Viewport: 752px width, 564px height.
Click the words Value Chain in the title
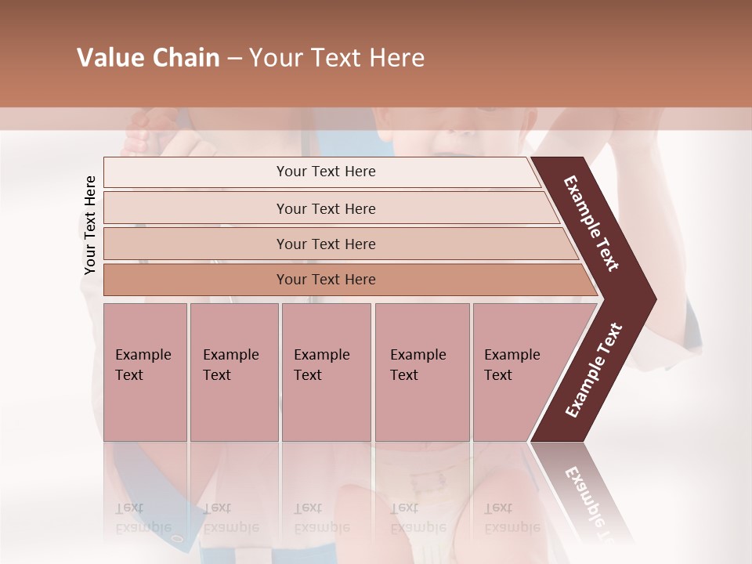click(148, 58)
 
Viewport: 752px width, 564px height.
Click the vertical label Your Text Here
click(90, 225)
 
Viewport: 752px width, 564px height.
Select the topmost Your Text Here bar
click(326, 172)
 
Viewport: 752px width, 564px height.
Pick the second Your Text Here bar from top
click(326, 208)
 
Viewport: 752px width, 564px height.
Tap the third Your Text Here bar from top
click(326, 244)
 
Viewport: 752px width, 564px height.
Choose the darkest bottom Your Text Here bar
click(326, 280)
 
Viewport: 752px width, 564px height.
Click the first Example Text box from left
click(145, 372)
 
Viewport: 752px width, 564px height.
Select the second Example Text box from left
click(233, 372)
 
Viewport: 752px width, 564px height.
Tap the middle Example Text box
click(326, 372)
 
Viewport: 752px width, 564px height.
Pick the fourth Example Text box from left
click(421, 372)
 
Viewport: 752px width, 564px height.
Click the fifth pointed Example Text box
click(517, 372)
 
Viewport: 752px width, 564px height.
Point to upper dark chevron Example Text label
click(592, 223)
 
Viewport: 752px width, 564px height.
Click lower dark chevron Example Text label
click(594, 370)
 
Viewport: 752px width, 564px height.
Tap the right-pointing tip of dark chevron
click(653, 299)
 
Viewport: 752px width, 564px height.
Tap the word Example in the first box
click(143, 355)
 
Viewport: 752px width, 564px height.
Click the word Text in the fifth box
click(498, 375)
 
